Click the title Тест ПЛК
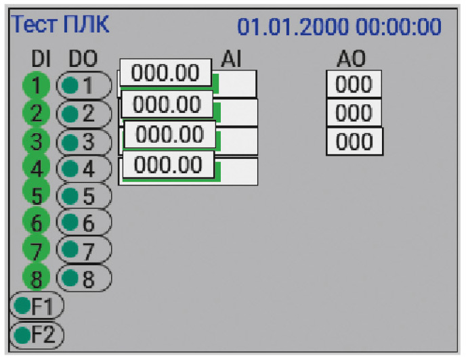point(60,24)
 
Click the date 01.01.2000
point(293,27)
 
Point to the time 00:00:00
point(398,27)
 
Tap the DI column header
point(41,58)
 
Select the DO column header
point(83,58)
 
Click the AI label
point(231,58)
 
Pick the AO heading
point(352,58)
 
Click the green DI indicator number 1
point(37,85)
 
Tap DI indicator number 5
point(37,195)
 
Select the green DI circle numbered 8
point(37,278)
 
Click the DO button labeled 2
point(84,114)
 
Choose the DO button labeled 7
point(84,250)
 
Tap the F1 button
point(37,305)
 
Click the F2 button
point(37,335)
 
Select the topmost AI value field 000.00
point(165,72)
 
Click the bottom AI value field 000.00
point(168,164)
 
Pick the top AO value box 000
point(354,84)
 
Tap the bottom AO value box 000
point(354,141)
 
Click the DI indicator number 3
point(37,141)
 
